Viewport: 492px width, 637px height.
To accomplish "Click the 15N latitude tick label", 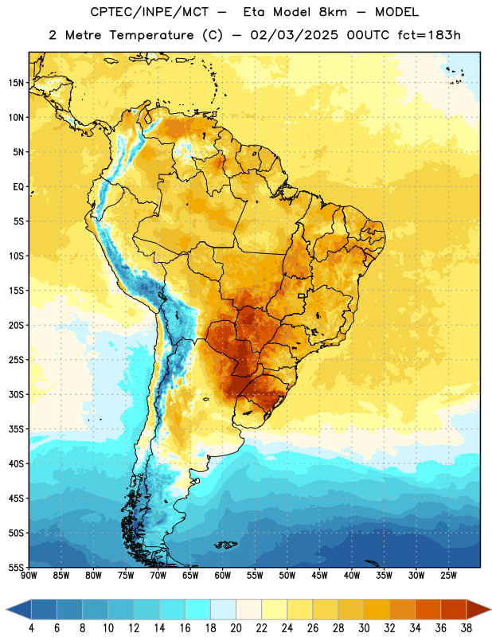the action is click(x=16, y=83).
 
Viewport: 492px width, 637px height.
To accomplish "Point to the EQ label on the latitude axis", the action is click(x=18, y=187).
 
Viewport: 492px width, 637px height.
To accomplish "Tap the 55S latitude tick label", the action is click(x=16, y=567).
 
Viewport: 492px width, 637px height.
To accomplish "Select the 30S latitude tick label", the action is click(x=16, y=394).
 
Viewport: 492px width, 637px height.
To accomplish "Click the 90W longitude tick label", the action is click(x=29, y=576).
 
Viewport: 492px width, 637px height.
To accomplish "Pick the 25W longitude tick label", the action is click(x=448, y=576).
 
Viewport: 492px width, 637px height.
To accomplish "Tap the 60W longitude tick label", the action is click(x=223, y=576).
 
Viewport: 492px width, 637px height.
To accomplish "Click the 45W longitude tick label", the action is click(x=319, y=576).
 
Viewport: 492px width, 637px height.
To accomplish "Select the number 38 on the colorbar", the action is click(x=467, y=628).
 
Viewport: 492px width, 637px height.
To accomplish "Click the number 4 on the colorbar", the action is click(x=31, y=628).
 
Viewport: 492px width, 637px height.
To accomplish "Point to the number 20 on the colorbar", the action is click(x=236, y=628).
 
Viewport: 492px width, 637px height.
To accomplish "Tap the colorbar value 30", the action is click(x=364, y=628).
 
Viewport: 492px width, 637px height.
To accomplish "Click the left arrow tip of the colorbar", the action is click(x=6, y=609).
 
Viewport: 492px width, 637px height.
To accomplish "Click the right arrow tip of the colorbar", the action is click(x=490, y=609).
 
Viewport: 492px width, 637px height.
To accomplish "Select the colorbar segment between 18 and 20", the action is click(x=223, y=609).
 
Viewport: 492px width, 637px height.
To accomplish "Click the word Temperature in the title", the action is click(x=151, y=35).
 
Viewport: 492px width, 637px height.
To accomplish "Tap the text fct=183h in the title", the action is click(x=429, y=35).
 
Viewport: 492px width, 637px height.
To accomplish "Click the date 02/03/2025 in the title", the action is click(x=294, y=35).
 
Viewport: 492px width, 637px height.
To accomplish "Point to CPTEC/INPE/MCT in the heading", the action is click(x=150, y=12).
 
